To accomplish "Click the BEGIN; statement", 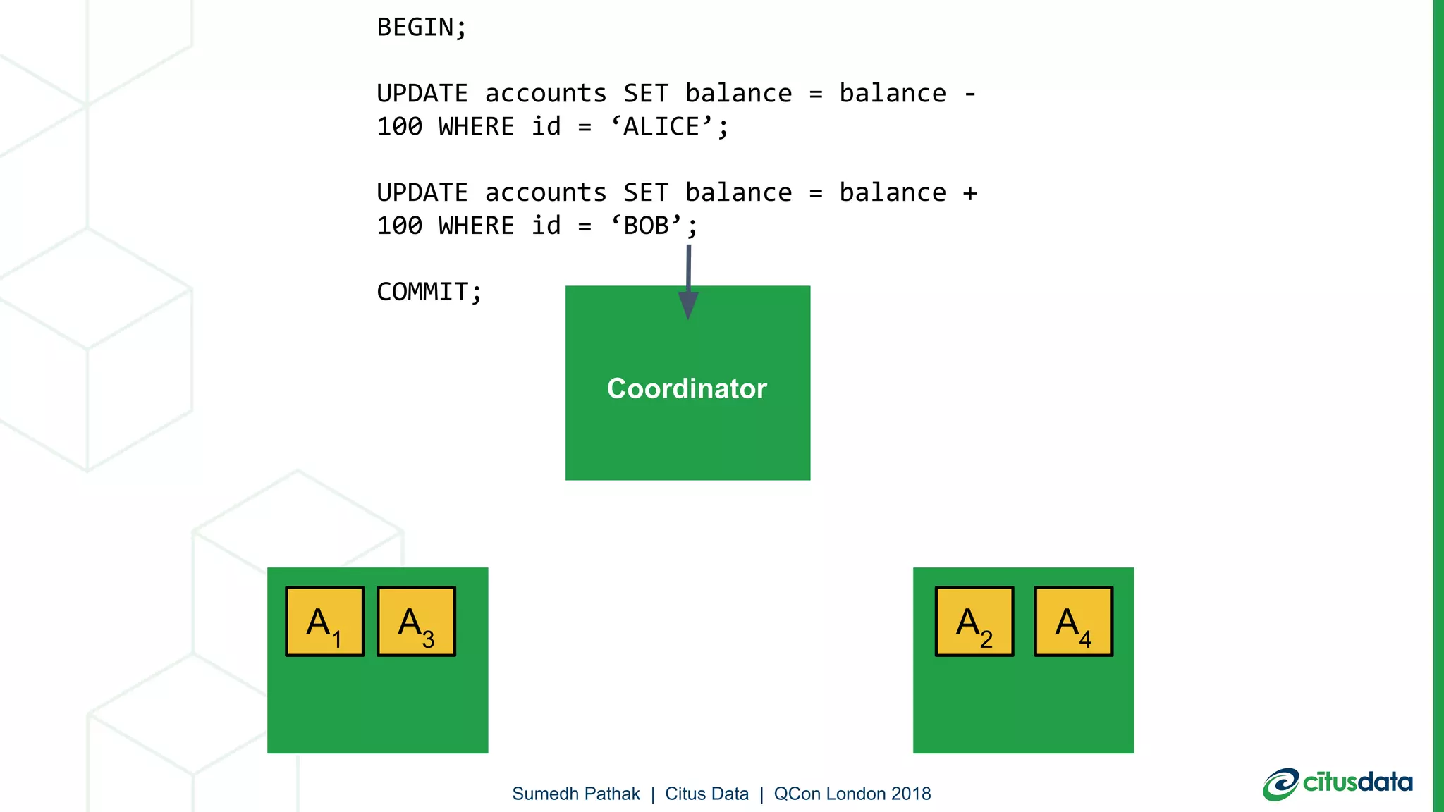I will (x=422, y=27).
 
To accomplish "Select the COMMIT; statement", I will (x=429, y=292).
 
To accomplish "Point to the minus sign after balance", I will (x=970, y=94).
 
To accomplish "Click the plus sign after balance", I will (x=970, y=193).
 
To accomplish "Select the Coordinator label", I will (x=687, y=388).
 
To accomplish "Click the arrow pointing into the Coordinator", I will (x=688, y=282).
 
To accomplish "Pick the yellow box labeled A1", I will (x=325, y=622).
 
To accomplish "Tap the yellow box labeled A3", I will (x=417, y=622).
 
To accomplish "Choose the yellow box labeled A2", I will (x=974, y=622).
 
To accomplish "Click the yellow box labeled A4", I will (x=1074, y=622).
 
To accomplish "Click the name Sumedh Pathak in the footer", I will (x=576, y=794).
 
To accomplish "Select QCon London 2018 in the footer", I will (x=852, y=794).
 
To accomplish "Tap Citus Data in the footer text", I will (x=706, y=794).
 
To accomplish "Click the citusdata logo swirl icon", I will (x=1280, y=784).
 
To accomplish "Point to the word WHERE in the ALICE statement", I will (x=476, y=127).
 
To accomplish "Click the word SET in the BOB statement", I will (x=645, y=193).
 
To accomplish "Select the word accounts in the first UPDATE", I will (x=545, y=94).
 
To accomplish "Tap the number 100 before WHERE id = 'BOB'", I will (x=399, y=226).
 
